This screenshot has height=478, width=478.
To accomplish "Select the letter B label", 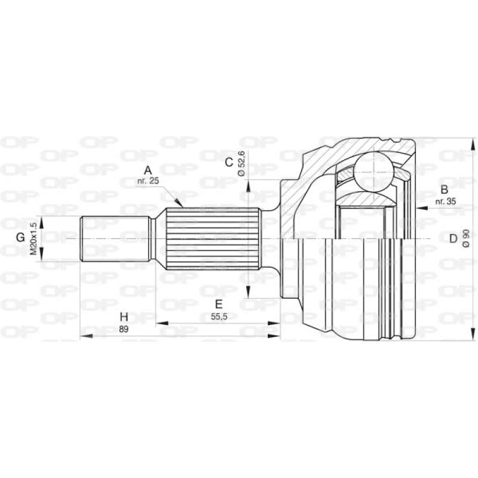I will pyautogui.click(x=443, y=191).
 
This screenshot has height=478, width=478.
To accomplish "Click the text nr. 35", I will pyautogui.click(x=446, y=202).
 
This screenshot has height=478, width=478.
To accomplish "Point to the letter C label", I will pyautogui.click(x=228, y=162).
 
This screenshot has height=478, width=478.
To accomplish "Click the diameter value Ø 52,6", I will pyautogui.click(x=242, y=163).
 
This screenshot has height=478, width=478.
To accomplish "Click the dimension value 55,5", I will pyautogui.click(x=219, y=317).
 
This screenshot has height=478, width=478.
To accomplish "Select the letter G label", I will pyautogui.click(x=20, y=237).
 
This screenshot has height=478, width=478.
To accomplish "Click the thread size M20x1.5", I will pyautogui.click(x=34, y=238).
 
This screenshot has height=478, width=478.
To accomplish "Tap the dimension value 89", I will pyautogui.click(x=124, y=329).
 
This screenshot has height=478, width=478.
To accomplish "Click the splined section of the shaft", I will pyautogui.click(x=212, y=238).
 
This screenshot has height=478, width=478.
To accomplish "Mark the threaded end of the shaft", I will pyautogui.click(x=114, y=238).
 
